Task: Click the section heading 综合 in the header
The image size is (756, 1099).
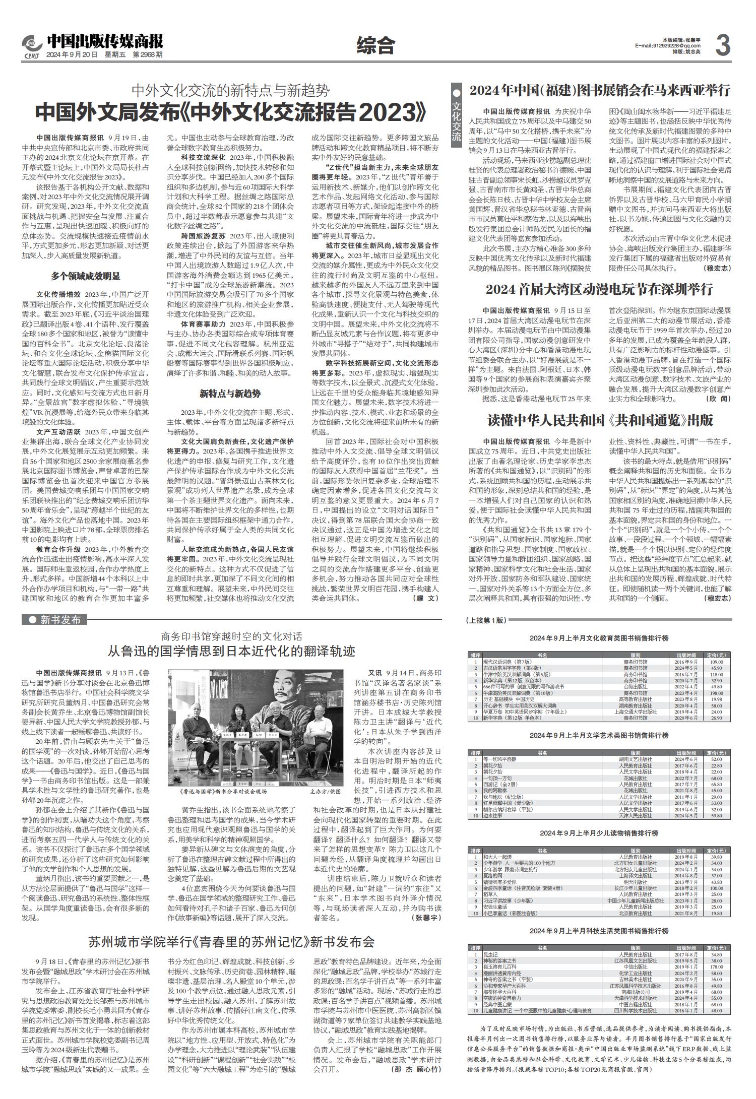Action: [x=375, y=46]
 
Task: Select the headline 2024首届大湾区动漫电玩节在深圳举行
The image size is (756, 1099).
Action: [x=599, y=289]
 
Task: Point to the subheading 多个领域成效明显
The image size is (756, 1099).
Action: [x=85, y=276]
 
